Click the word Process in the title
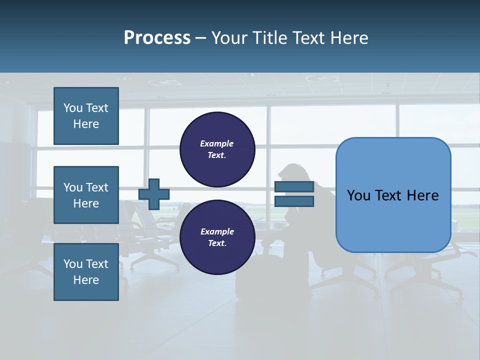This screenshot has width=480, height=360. click(x=157, y=38)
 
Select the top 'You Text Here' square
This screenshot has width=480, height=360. click(x=86, y=116)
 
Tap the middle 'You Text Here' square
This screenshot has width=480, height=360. click(x=86, y=195)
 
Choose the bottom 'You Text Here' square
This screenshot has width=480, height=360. click(x=86, y=272)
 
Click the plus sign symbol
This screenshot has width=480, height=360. click(x=154, y=194)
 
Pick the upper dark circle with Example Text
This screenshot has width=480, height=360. click(x=217, y=149)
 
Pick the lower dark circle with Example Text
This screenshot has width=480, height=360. click(x=217, y=237)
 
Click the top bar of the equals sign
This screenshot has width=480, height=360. click(x=294, y=187)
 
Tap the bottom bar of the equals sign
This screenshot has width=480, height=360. click(x=294, y=201)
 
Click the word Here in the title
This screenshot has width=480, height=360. click(x=348, y=38)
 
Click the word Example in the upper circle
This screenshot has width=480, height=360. click(x=217, y=143)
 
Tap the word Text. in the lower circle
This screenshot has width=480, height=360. click(x=217, y=243)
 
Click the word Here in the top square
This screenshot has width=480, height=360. click(x=86, y=124)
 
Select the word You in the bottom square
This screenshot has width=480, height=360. click(x=73, y=264)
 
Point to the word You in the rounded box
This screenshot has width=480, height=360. click(x=358, y=195)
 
